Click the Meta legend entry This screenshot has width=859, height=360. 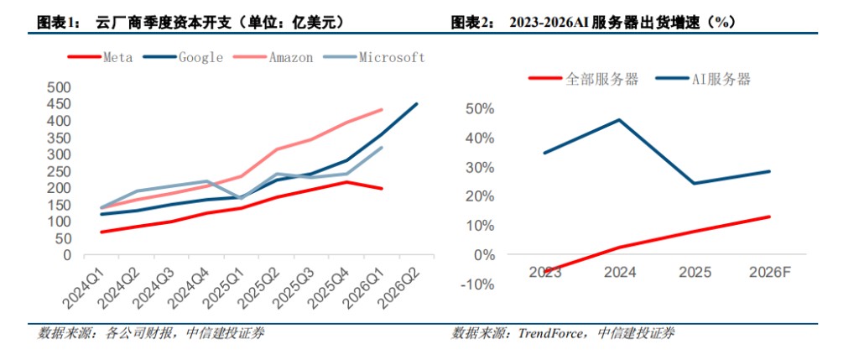pyautogui.click(x=101, y=57)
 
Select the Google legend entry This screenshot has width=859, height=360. pyautogui.click(x=183, y=57)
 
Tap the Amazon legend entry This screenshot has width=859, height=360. pyautogui.click(x=273, y=57)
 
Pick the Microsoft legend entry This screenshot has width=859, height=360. pyautogui.click(x=373, y=57)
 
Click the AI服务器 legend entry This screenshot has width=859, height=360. pyautogui.click(x=703, y=79)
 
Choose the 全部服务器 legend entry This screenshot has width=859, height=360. pyautogui.click(x=583, y=79)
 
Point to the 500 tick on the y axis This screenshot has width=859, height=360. pyautogui.click(x=60, y=87)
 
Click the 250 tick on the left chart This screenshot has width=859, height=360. pyautogui.click(x=60, y=171)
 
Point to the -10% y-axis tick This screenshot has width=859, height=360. pyautogui.click(x=477, y=284)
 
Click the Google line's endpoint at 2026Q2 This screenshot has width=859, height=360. pyautogui.click(x=417, y=103)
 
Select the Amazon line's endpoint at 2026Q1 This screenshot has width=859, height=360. pyautogui.click(x=382, y=110)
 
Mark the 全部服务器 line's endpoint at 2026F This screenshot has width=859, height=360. pyautogui.click(x=770, y=217)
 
